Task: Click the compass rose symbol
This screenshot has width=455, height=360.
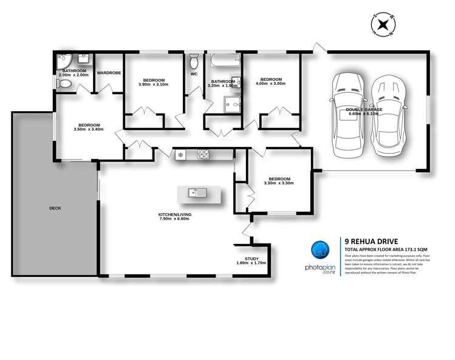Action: [x=383, y=25]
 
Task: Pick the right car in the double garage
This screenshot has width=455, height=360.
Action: [x=389, y=115]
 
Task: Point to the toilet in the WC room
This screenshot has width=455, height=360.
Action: [x=194, y=61]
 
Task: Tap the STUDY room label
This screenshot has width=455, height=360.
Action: [x=251, y=259]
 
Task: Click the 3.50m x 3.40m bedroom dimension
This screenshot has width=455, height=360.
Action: [x=86, y=130]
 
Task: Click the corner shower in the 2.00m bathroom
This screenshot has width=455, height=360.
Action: [x=62, y=61]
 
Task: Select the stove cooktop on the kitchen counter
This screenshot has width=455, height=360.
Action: [x=203, y=155]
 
